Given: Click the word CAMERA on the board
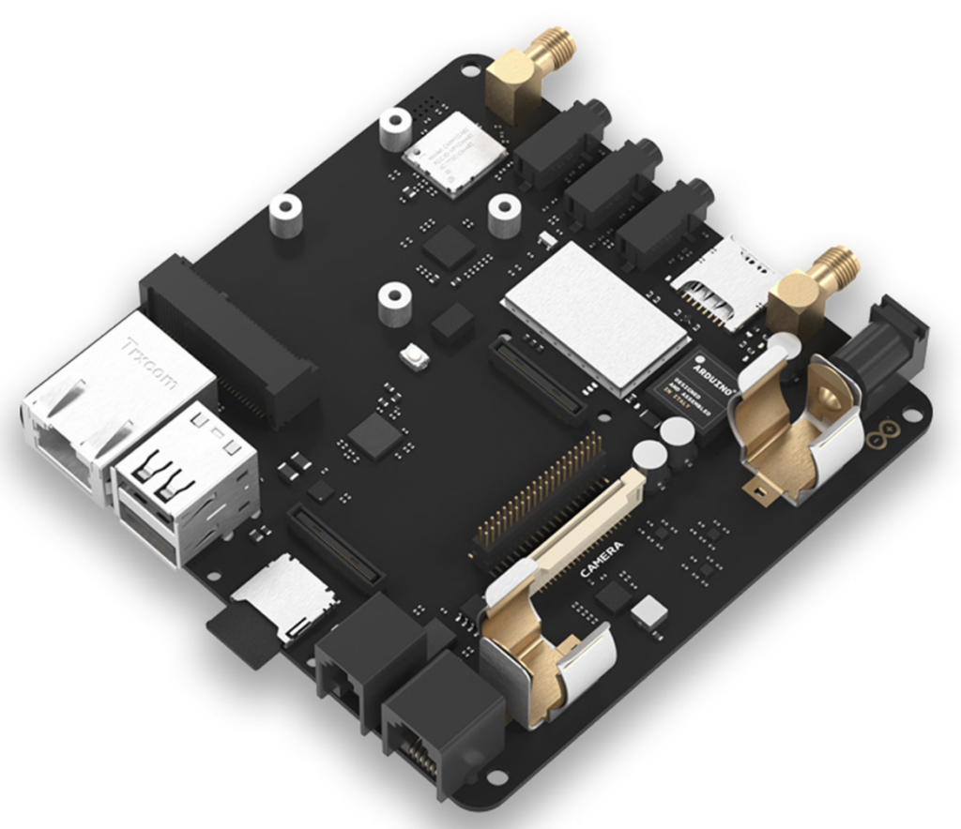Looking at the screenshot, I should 602,558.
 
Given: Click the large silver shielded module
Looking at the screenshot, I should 597,314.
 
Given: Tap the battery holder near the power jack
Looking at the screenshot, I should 798,422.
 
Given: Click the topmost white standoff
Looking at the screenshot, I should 395,128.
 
